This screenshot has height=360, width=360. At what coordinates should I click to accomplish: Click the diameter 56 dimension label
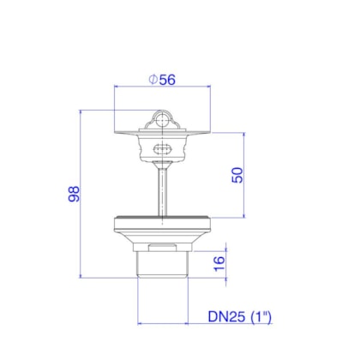162,80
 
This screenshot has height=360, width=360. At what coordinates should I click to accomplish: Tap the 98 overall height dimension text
74,194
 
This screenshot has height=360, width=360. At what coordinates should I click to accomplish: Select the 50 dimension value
237,175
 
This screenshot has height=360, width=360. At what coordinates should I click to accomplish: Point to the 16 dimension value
219,263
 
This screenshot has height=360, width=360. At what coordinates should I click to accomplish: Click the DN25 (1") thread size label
240,316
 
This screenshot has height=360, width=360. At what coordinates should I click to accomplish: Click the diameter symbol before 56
153,80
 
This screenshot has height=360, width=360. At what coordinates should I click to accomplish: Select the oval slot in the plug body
162,148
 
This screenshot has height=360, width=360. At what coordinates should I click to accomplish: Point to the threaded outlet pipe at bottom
162,265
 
